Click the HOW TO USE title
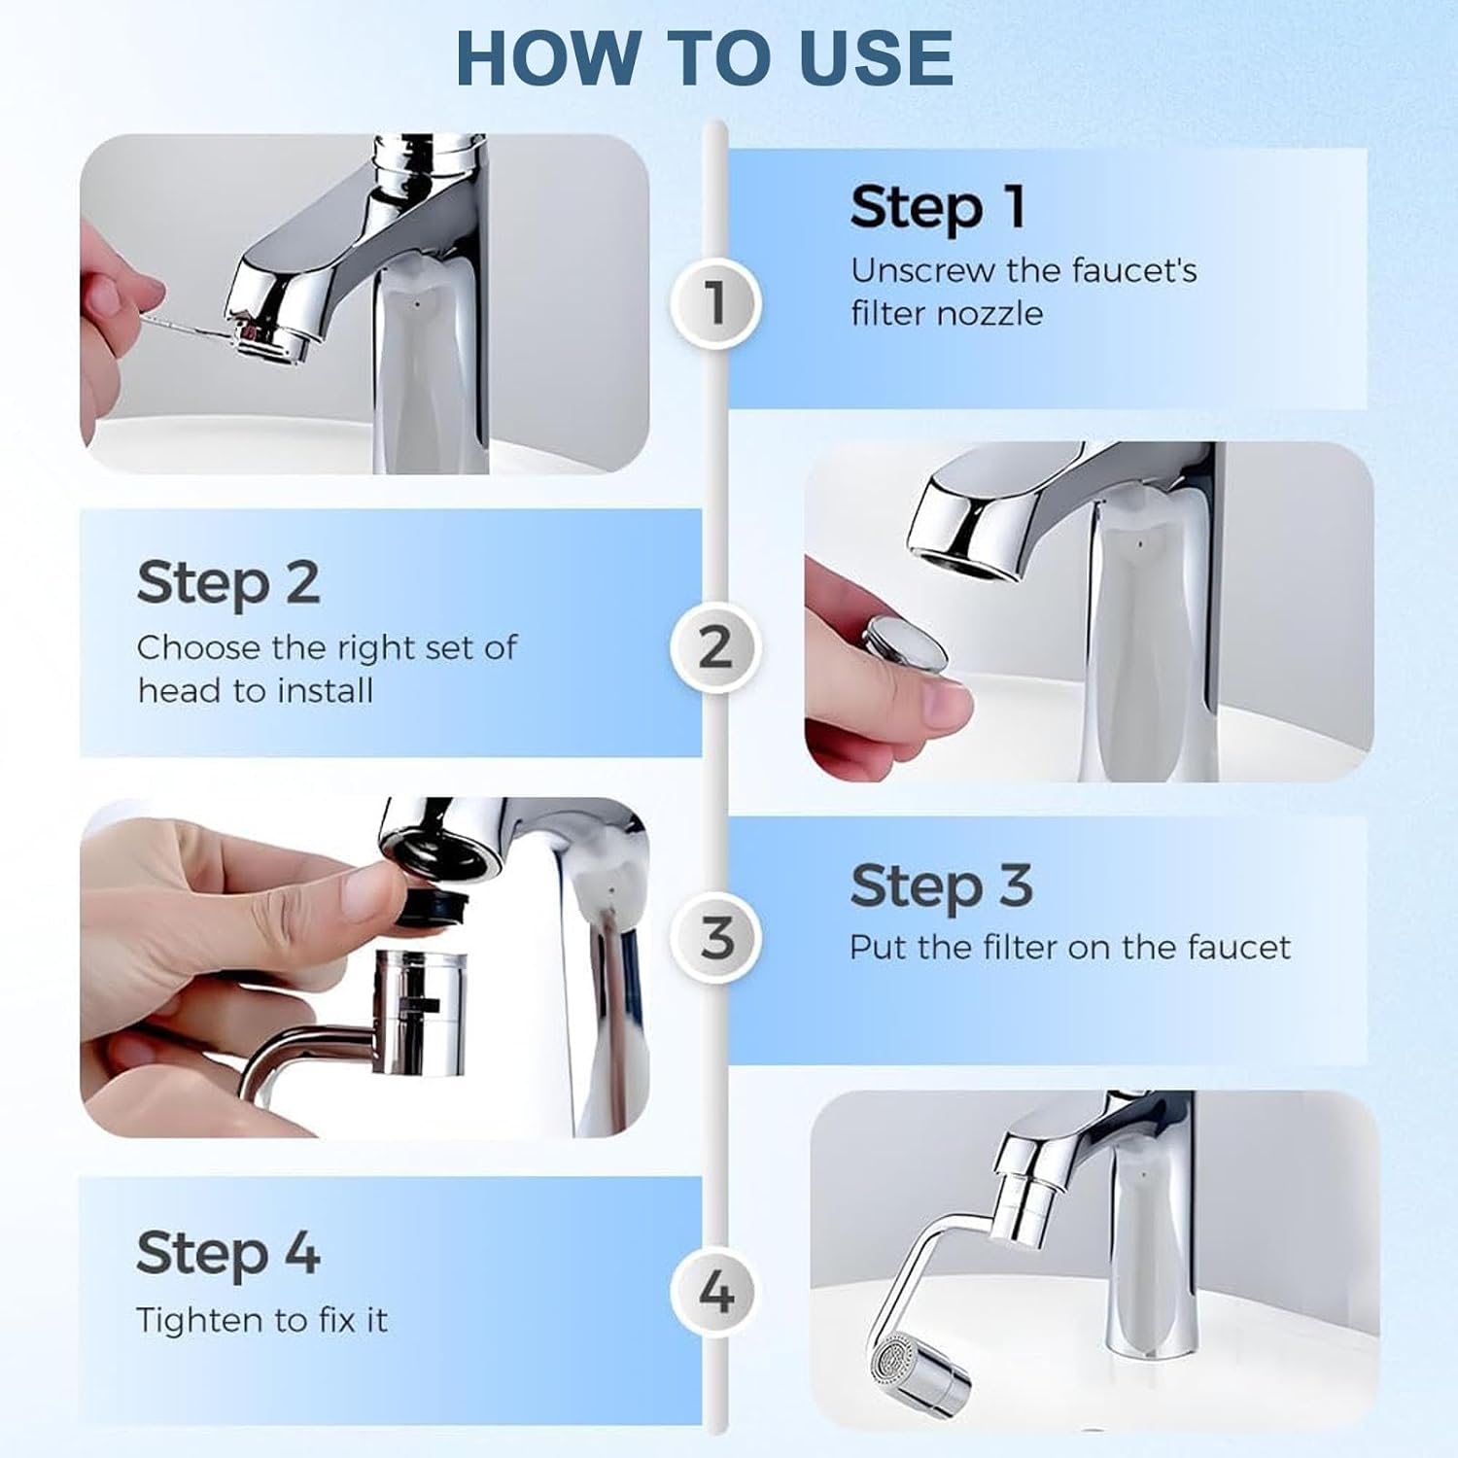click(x=704, y=57)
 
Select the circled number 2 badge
click(x=715, y=646)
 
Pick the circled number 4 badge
click(x=715, y=1293)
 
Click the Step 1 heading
click(x=938, y=208)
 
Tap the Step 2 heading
click(x=228, y=583)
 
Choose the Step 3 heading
click(x=941, y=886)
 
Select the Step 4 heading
click(x=228, y=1252)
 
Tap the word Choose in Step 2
click(x=198, y=647)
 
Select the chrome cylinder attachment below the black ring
click(x=420, y=1011)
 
